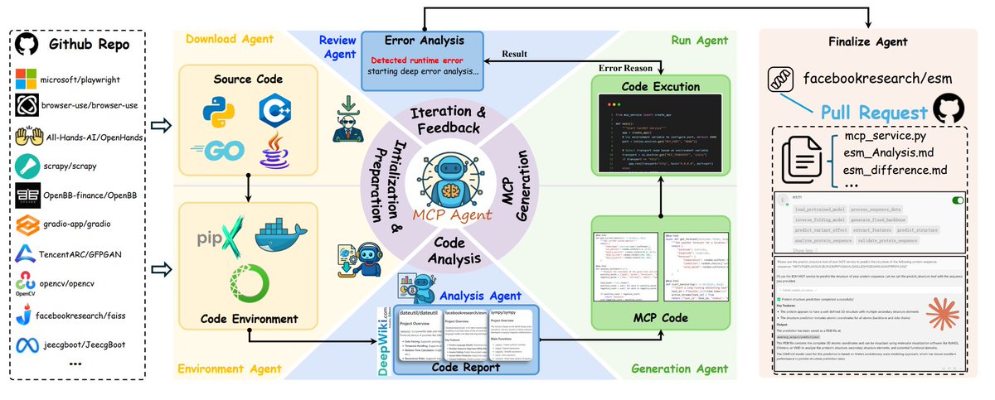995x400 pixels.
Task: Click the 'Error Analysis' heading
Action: (423, 39)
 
